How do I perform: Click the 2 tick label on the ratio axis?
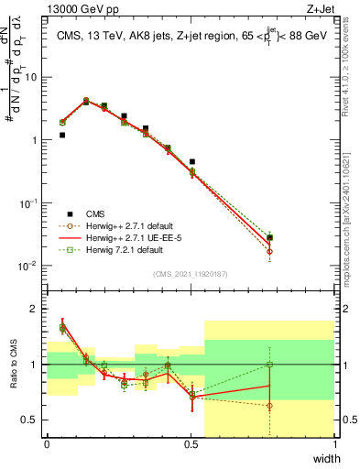(37, 309)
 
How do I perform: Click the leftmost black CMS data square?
(62, 135)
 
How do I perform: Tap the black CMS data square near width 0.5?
(192, 161)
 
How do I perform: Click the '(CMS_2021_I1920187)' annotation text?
(191, 272)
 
